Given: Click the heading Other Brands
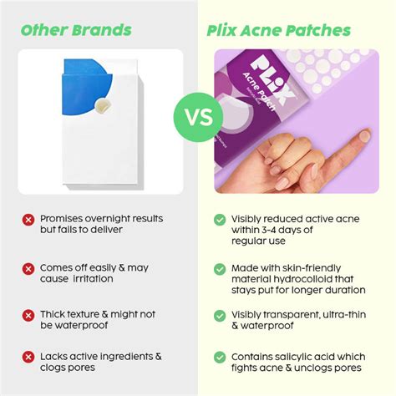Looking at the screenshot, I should (x=76, y=31).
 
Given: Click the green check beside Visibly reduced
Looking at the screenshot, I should (x=219, y=220).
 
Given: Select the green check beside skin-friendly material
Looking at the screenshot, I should (x=219, y=267).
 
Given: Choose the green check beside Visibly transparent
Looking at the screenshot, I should (x=219, y=315).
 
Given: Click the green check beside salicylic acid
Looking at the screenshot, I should (x=219, y=357).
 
